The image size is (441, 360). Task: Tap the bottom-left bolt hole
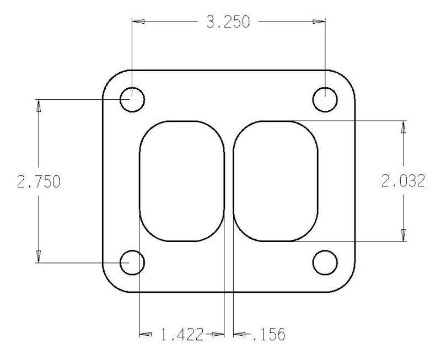click(x=132, y=262)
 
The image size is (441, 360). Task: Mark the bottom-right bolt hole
click(x=325, y=262)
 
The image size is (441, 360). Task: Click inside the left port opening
click(x=181, y=181)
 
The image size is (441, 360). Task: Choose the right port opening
click(x=276, y=181)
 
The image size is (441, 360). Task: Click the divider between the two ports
click(x=229, y=181)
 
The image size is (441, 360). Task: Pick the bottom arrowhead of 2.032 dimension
click(x=404, y=235)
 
